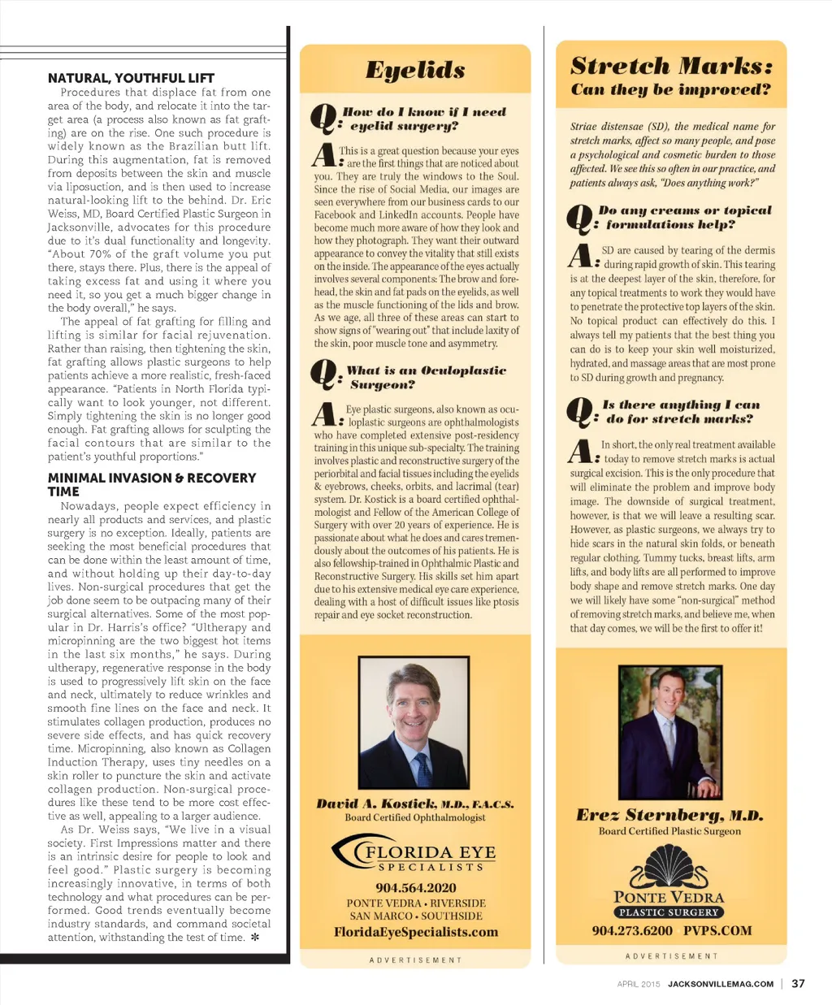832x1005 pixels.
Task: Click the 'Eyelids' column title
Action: [x=415, y=70]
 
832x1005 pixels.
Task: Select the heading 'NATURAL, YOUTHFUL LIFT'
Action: [x=131, y=78]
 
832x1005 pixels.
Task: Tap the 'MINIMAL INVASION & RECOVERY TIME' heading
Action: [x=151, y=484]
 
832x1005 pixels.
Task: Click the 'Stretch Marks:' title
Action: [x=671, y=65]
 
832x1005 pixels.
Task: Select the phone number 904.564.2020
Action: [x=415, y=888]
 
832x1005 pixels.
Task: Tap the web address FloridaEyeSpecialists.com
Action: [x=415, y=932]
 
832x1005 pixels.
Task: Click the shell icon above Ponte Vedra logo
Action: [x=669, y=868]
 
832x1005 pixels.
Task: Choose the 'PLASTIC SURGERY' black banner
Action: [x=669, y=912]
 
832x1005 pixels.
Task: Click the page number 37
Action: [x=798, y=983]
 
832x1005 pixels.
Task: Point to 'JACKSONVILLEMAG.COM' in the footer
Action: [x=720, y=984]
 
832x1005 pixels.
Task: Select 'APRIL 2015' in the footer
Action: [x=639, y=984]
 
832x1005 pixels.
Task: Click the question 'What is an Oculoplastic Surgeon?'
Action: [x=426, y=377]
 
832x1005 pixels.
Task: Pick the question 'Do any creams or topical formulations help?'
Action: [x=684, y=217]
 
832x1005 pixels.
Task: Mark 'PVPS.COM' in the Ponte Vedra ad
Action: [x=717, y=931]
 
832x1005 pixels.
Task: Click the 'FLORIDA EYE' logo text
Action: [x=430, y=852]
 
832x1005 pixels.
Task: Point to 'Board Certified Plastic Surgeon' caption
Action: [x=669, y=831]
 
